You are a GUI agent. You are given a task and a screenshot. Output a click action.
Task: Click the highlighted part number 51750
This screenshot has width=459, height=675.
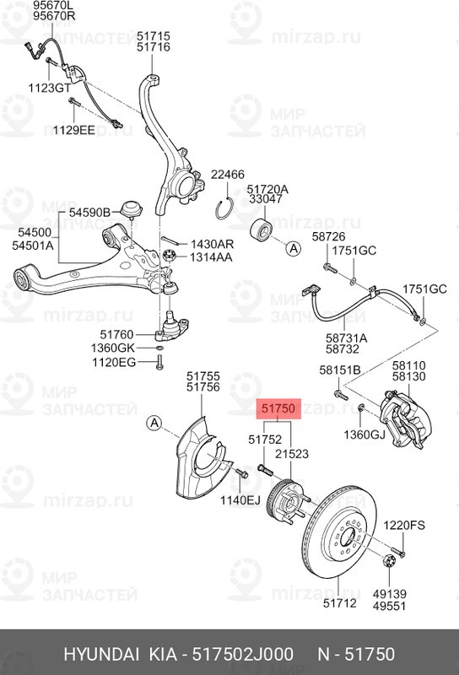click(278, 409)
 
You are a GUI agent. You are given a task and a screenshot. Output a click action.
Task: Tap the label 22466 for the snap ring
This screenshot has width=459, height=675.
click(227, 175)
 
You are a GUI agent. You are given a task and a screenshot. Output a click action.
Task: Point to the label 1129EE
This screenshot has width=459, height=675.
click(74, 130)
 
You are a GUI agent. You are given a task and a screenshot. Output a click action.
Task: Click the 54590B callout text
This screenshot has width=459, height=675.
click(89, 212)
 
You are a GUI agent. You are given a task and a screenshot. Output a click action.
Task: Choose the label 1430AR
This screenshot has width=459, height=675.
click(211, 244)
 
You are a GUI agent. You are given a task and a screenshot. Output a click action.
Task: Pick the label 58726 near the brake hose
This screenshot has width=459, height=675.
click(329, 236)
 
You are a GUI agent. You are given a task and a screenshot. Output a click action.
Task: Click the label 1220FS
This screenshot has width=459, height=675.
click(404, 525)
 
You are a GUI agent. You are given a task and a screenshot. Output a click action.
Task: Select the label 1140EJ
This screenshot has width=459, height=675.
click(238, 500)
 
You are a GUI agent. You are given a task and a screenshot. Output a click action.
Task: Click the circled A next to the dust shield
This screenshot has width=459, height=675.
click(153, 422)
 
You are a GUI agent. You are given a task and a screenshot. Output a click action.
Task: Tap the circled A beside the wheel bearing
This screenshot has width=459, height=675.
click(293, 248)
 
